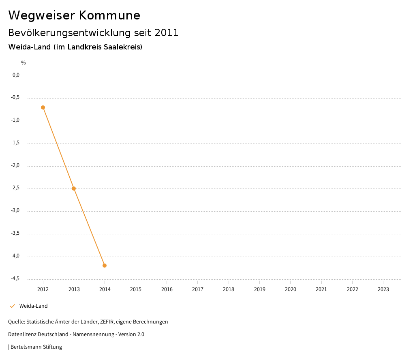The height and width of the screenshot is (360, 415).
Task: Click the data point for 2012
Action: pyautogui.click(x=43, y=107)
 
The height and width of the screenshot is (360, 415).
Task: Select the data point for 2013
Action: pyautogui.click(x=74, y=189)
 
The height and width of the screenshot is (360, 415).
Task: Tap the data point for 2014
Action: pyautogui.click(x=105, y=266)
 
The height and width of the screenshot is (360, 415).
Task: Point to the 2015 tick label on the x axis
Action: pyautogui.click(x=136, y=289)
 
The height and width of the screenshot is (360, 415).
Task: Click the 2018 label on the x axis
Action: pyautogui.click(x=229, y=289)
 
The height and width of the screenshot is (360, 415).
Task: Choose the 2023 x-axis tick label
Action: pyautogui.click(x=383, y=289)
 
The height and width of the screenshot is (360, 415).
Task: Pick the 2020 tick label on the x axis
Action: pyautogui.click(x=291, y=289)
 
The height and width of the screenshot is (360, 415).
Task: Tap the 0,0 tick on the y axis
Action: pyautogui.click(x=16, y=75)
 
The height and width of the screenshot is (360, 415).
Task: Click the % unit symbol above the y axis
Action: pyautogui.click(x=24, y=63)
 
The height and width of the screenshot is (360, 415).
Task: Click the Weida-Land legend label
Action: pyautogui.click(x=33, y=306)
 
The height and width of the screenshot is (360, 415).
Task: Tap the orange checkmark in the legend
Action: pyautogui.click(x=12, y=306)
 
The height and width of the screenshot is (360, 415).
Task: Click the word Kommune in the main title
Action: pyautogui.click(x=109, y=15)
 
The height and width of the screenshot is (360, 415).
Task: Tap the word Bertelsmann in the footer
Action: pyautogui.click(x=25, y=347)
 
